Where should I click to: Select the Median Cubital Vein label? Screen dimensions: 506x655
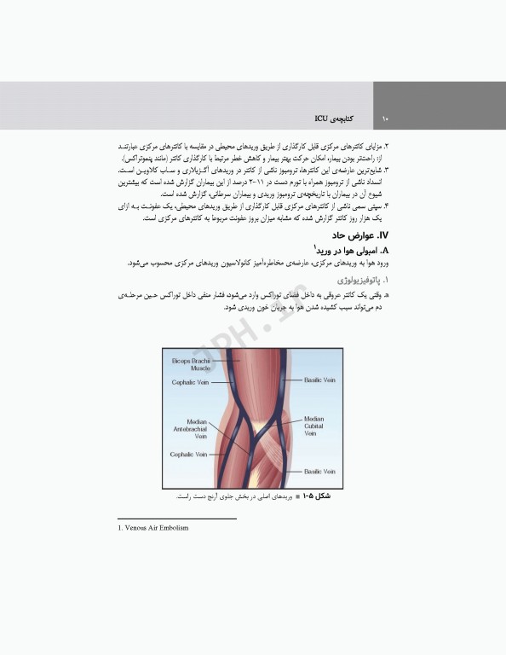314,426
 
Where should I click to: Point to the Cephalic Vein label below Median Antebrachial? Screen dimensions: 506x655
188,455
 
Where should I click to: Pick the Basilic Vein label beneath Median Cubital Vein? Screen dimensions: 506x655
321,471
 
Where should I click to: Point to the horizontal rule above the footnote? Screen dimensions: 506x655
176,518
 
